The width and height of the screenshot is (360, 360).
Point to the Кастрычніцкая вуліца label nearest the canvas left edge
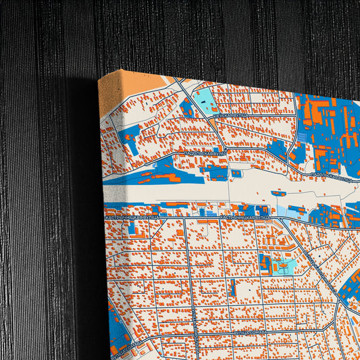pyautogui.click(x=133, y=217)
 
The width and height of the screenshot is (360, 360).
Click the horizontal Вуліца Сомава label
pyautogui.click(x=250, y=332)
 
